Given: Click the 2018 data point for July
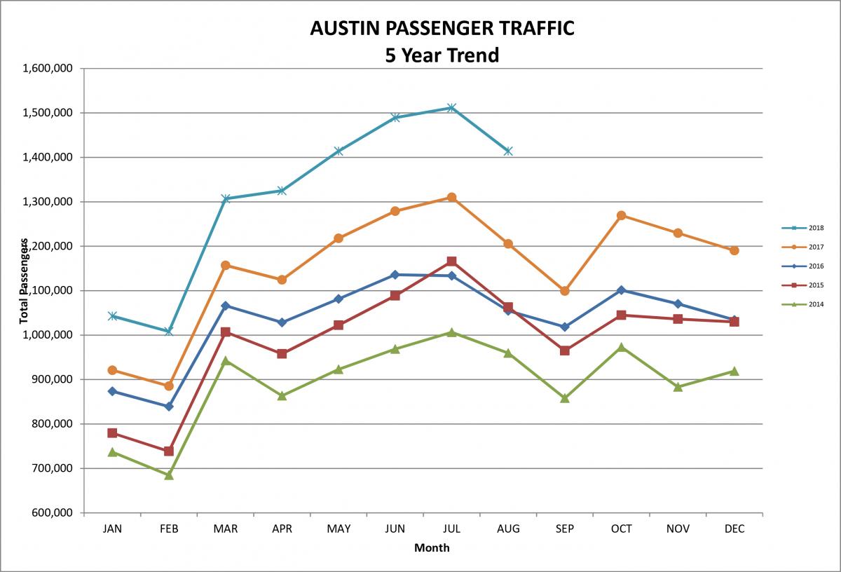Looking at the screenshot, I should (x=451, y=108).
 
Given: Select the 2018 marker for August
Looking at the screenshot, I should (x=508, y=151).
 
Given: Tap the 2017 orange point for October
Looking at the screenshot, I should (x=621, y=215).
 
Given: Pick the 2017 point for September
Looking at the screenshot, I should (x=565, y=291).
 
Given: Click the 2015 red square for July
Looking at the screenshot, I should (x=451, y=261).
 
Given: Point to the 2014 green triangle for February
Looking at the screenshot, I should (x=169, y=475).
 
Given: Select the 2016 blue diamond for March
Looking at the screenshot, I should (x=226, y=306).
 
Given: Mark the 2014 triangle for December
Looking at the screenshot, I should (x=734, y=371).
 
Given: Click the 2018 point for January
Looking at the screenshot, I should (x=112, y=316).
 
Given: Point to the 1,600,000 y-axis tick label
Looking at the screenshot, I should (x=48, y=68).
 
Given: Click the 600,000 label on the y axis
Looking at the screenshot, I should (x=52, y=512).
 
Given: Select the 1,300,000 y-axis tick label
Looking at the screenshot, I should (x=48, y=202).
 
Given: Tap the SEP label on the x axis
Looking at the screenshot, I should (x=565, y=529).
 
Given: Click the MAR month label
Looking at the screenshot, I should (x=226, y=529).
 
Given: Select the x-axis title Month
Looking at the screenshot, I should (x=432, y=547).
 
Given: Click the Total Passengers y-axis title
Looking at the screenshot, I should (x=24, y=280).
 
